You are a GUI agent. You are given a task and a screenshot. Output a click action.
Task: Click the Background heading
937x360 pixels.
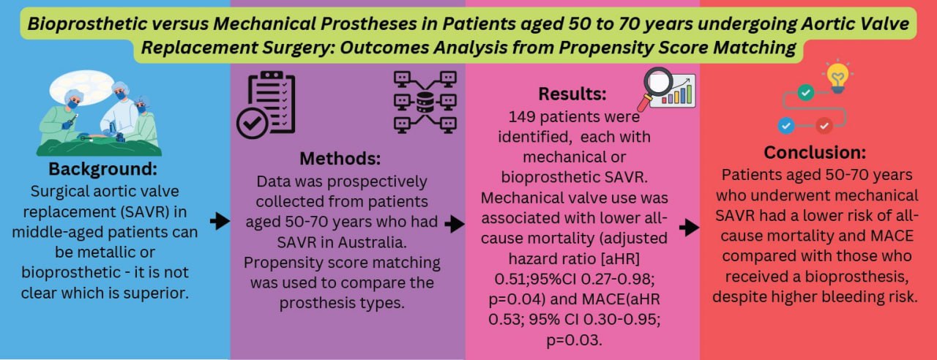[103, 169]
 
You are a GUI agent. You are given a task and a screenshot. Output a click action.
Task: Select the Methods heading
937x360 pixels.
[340, 159]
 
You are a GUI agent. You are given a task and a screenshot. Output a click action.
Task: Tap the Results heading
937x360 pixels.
[572, 94]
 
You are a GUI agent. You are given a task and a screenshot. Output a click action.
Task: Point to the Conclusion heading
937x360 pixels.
[815, 152]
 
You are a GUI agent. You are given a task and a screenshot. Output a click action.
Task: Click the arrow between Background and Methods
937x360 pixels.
[220, 220]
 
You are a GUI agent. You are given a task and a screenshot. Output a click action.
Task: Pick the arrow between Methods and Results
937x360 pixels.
[455, 224]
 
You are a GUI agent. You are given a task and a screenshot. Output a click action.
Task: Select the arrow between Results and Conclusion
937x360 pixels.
[689, 228]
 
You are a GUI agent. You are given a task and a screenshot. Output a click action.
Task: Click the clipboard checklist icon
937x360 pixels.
[266, 105]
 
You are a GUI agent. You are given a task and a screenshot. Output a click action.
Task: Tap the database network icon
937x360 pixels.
[425, 102]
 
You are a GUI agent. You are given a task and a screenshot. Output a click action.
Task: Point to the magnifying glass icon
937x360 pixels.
[654, 86]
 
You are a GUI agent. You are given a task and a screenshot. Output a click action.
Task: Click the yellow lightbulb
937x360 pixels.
[838, 78]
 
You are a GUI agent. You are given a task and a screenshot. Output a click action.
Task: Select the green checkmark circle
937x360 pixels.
[806, 92]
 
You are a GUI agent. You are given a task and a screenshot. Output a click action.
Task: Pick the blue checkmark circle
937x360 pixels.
[786, 125]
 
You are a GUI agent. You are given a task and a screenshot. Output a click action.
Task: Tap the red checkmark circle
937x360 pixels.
[824, 125]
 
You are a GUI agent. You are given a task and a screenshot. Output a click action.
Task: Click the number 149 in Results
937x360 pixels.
[522, 116]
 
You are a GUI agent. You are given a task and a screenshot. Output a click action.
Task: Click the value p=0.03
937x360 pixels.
[574, 340]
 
